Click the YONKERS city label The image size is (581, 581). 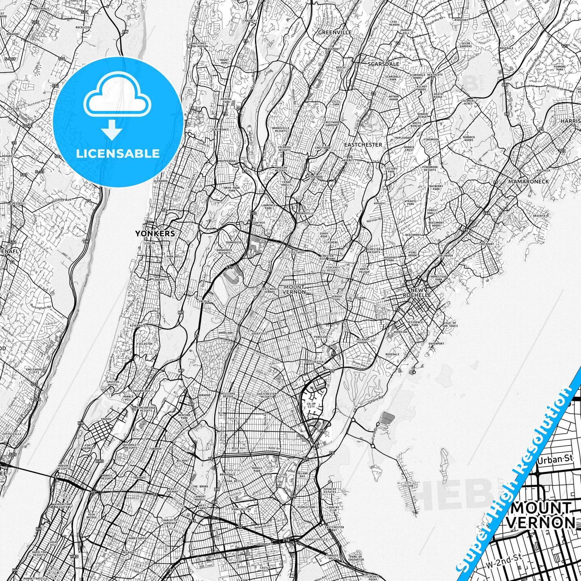155,233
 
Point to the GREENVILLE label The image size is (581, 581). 335,32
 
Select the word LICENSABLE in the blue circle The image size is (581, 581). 118,153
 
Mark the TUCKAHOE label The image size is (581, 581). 315,177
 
